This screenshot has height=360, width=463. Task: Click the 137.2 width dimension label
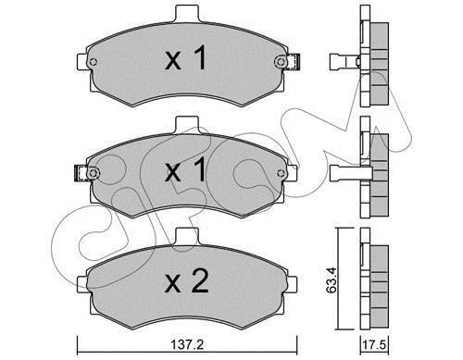click(x=187, y=344)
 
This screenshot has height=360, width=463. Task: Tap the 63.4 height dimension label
click(x=332, y=280)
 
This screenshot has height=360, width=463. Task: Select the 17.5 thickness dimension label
click(x=375, y=345)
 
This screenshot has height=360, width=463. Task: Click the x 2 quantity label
click(x=187, y=281)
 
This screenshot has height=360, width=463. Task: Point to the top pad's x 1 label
click(x=186, y=57)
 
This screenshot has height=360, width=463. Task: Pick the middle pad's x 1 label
click(x=186, y=169)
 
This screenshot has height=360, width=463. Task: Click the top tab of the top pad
click(x=187, y=14)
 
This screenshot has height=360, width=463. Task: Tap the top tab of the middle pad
click(x=187, y=125)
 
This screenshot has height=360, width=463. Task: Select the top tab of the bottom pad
click(x=187, y=236)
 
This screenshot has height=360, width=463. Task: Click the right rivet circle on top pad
click(x=280, y=61)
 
